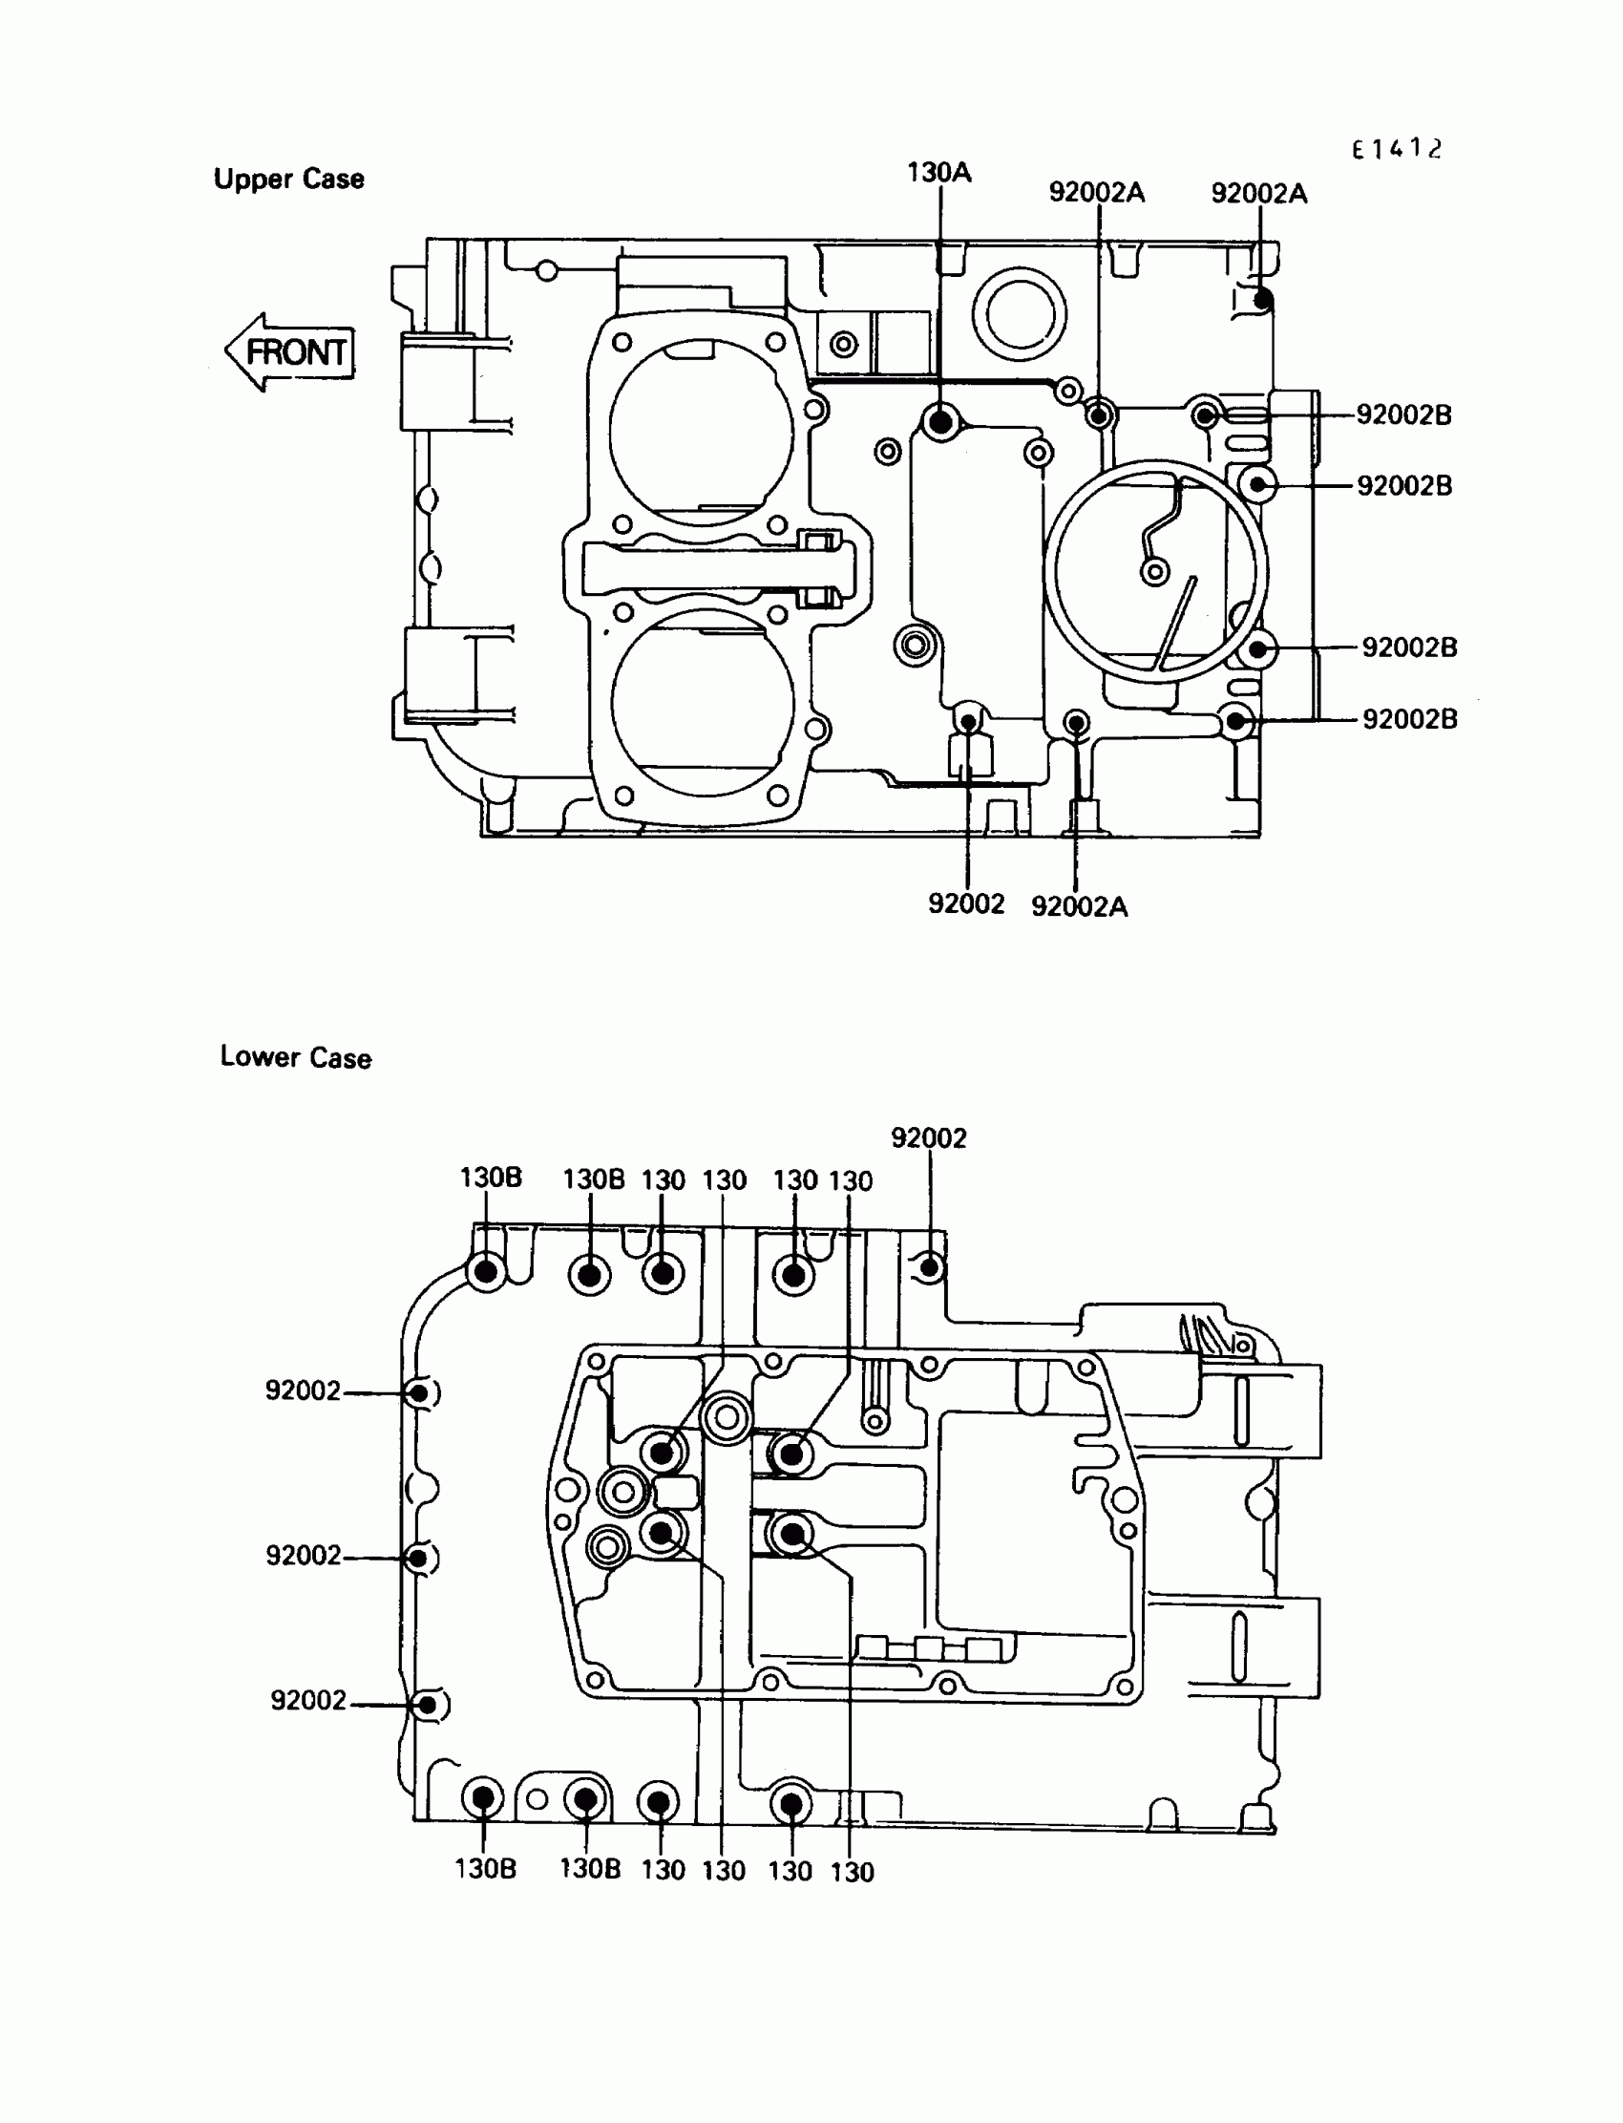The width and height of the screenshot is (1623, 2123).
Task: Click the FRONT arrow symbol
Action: pyautogui.click(x=290, y=351)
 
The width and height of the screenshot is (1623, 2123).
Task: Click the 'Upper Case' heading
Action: pyautogui.click(x=289, y=180)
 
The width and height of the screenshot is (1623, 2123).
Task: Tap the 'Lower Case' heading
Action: pyautogui.click(x=296, y=1057)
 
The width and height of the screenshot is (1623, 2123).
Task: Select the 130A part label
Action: pyautogui.click(x=939, y=173)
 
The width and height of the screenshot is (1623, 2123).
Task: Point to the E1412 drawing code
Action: pyautogui.click(x=1396, y=149)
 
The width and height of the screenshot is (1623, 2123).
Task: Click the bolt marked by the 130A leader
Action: pyautogui.click(x=939, y=421)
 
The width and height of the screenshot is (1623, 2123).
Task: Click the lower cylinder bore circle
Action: pyautogui.click(x=704, y=702)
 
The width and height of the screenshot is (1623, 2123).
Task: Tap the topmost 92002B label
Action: pyautogui.click(x=1403, y=414)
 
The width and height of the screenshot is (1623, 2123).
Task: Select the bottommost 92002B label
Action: pyautogui.click(x=1409, y=719)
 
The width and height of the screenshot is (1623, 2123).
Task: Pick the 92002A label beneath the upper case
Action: pyautogui.click(x=1079, y=906)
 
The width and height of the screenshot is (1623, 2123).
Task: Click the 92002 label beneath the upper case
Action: pyautogui.click(x=966, y=903)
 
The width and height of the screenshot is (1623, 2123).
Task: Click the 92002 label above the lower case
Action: pyautogui.click(x=928, y=1138)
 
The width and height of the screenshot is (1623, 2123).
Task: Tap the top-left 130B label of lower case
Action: pyautogui.click(x=490, y=1178)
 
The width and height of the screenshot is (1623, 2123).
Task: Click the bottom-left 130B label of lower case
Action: pyautogui.click(x=485, y=1869)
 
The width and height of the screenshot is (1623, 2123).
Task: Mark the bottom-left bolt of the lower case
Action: pyautogui.click(x=483, y=1798)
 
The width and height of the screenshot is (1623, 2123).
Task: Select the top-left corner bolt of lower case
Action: pyautogui.click(x=486, y=1271)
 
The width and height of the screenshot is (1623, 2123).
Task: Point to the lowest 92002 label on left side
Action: pyautogui.click(x=308, y=1700)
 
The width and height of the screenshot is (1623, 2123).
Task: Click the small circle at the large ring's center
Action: pyautogui.click(x=1154, y=572)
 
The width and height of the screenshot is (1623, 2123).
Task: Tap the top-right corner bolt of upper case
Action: pyautogui.click(x=1262, y=301)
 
